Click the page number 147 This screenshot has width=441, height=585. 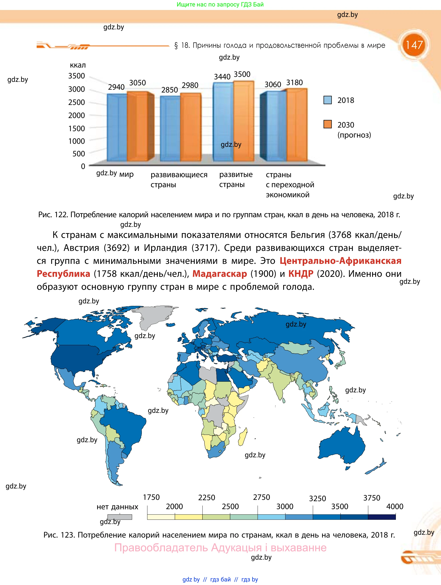click(414, 45)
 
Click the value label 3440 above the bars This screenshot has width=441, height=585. click(222, 77)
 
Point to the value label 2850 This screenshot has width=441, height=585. click(169, 90)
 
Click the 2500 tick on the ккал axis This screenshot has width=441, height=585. click(76, 102)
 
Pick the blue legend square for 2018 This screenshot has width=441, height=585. click(327, 100)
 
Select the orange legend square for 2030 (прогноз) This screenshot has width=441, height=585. click(327, 124)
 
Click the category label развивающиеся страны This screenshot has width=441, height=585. click(179, 179)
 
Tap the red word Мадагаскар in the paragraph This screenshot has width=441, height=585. click(220, 274)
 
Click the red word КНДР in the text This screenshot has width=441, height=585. click(301, 274)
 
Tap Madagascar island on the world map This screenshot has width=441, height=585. click(243, 436)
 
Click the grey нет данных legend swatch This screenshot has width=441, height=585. click(119, 517)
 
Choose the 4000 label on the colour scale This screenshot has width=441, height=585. click(395, 506)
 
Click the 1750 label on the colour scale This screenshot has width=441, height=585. click(151, 497)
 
